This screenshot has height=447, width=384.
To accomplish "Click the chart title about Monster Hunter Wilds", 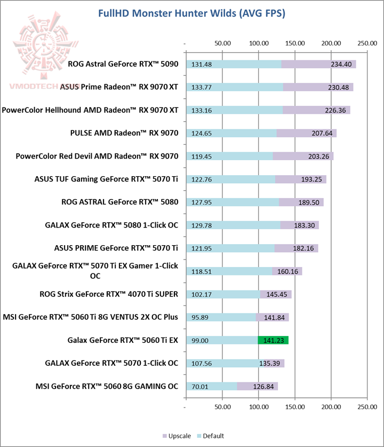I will pos(191,13).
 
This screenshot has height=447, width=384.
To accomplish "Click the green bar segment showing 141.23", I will pos(273,340).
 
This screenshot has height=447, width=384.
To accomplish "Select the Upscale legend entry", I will pos(177,436).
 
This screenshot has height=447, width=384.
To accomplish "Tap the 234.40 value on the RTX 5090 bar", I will pos(340,65).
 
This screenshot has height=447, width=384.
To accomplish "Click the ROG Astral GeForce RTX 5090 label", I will pos(123,64).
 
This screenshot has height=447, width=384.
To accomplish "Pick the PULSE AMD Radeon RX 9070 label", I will pos(124,133).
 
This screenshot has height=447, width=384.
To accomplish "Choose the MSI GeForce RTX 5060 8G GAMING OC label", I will pos(107,386).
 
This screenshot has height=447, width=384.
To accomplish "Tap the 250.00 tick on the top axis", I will pos(367,43).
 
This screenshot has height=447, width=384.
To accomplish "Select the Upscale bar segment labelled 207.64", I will pos(307,133).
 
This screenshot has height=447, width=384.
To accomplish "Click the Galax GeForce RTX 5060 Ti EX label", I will pos(123,340).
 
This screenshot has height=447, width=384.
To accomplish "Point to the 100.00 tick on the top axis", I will pos(258,43).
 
